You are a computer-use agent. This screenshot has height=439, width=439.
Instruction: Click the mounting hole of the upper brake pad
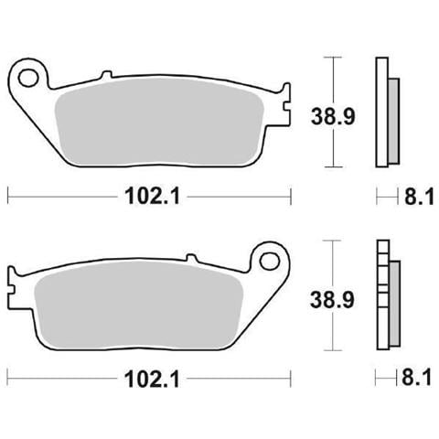tap(28, 78)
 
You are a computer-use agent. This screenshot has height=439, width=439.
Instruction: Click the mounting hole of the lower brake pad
tap(270, 261)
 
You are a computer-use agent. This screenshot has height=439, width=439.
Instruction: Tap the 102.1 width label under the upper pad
tap(153, 196)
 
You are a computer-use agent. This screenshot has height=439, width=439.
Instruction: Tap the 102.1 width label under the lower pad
tap(152, 379)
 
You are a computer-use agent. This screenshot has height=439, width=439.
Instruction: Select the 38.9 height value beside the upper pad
tap(333, 117)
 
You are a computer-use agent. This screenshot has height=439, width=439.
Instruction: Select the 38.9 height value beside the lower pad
tap(332, 300)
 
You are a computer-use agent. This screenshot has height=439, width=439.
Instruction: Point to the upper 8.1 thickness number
tap(419, 197)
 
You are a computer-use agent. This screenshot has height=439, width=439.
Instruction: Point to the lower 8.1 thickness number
tap(417, 378)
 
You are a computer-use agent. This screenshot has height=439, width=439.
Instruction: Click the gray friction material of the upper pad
tap(159, 122)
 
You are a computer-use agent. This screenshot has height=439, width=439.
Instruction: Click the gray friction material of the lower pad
tap(139, 305)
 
